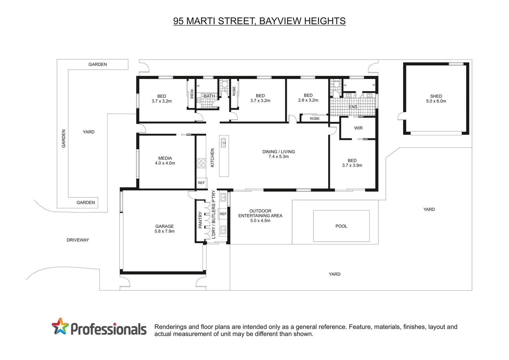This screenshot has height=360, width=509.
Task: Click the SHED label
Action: coord(436,96)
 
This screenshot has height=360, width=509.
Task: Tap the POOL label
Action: coord(341,226)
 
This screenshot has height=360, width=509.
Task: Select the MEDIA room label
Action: coord(165,158)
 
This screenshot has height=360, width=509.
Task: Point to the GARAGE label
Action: coord(165,226)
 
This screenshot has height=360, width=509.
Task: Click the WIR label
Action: coord(358,128)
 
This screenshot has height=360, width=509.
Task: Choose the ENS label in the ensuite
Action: coord(353,107)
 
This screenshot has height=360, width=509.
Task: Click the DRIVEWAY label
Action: coord(78,240)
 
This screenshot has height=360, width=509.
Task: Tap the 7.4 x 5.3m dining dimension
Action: coord(278,157)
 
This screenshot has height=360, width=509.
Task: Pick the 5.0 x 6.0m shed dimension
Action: coord(436,101)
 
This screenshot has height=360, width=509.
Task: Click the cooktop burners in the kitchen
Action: coord(201,163)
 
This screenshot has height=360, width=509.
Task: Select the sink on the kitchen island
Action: coord(223,143)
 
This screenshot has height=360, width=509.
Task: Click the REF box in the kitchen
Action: coord(201,183)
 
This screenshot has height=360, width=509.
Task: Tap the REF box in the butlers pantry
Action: coord(223,214)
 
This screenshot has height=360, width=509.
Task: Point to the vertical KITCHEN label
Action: coord(213,158)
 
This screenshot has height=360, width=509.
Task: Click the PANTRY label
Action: coord(200,220)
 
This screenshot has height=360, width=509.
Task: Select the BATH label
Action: coord(209,96)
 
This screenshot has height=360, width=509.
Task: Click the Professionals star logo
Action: coord(60,326)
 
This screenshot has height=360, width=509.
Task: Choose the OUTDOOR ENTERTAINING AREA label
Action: coord(260,213)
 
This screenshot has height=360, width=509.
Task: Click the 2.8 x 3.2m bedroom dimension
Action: coord(308,100)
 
